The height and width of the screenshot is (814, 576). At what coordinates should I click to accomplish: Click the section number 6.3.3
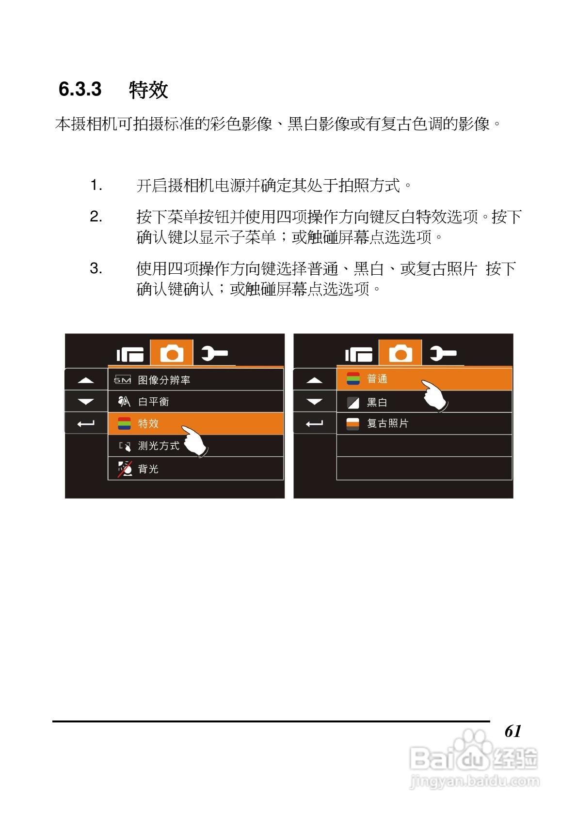point(80,90)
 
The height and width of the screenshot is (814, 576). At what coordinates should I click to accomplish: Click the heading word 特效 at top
point(148,90)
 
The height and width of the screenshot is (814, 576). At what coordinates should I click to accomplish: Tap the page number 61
point(512,731)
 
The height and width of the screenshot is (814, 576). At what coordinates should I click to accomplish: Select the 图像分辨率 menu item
point(164,380)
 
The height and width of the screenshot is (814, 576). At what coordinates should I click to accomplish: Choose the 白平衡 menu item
point(153,402)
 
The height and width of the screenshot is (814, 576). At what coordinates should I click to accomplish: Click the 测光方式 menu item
point(159,446)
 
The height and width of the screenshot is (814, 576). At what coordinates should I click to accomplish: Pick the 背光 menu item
point(148,469)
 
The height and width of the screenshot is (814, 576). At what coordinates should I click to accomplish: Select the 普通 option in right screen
point(377,379)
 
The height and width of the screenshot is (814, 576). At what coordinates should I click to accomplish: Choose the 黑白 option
point(377,402)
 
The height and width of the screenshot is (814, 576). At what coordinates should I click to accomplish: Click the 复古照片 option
point(387,423)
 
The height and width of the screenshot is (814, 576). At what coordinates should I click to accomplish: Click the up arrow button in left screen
point(86,380)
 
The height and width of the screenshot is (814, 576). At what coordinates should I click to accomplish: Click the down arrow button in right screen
point(314,402)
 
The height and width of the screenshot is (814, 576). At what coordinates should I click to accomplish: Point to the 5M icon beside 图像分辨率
point(122,380)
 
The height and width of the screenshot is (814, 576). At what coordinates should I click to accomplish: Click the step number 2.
point(96,217)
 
